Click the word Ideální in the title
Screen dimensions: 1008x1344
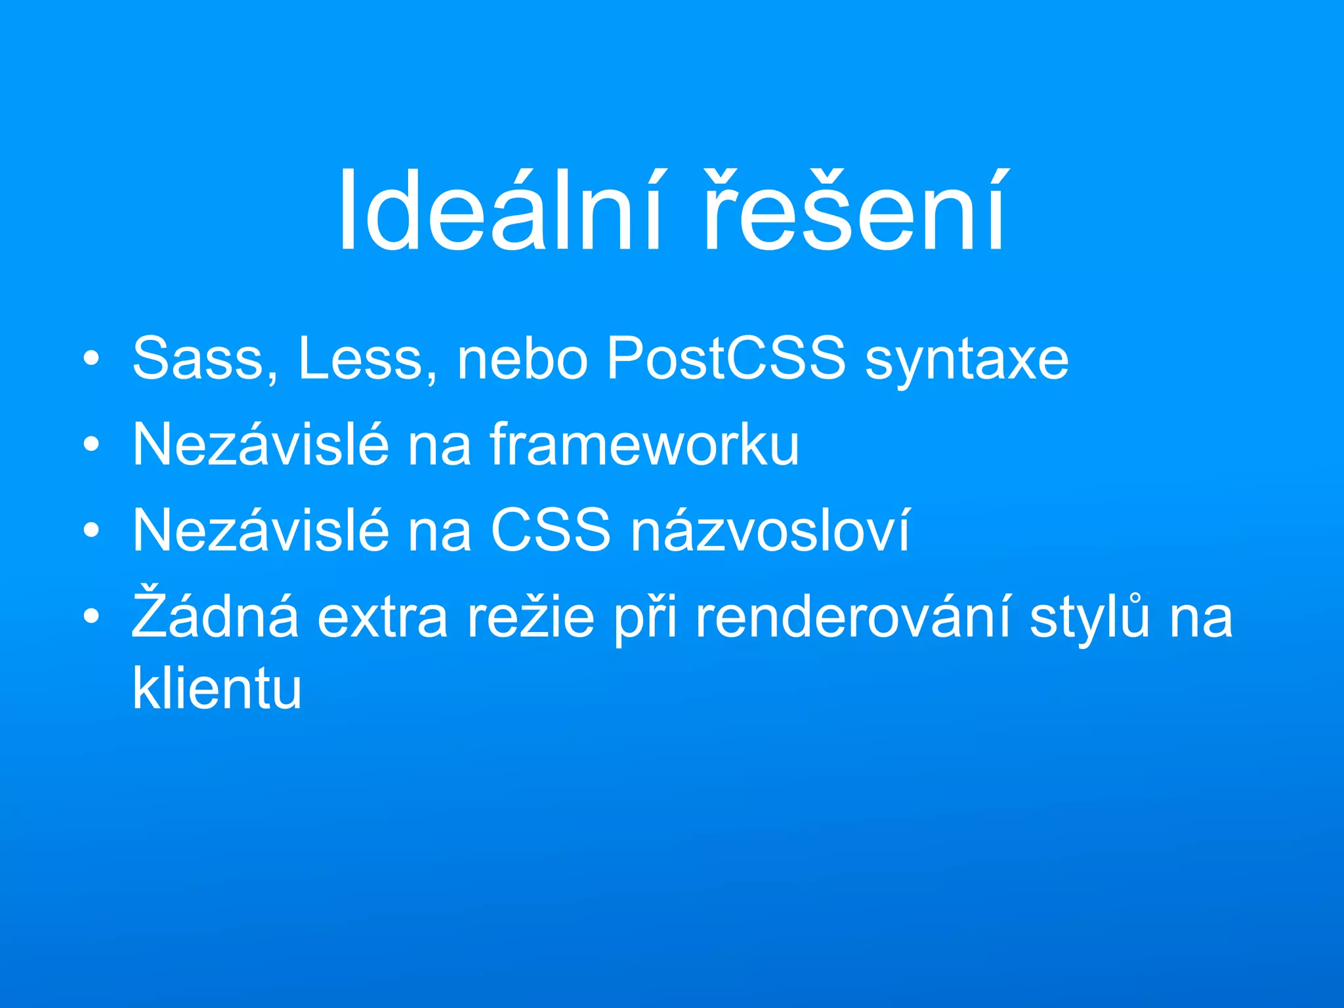(x=499, y=210)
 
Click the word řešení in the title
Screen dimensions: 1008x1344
(x=853, y=210)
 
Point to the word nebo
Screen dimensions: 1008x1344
(x=522, y=359)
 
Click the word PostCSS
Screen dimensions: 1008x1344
(x=726, y=359)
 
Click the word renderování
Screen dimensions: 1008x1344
(x=853, y=617)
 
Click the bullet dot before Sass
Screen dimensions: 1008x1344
(x=92, y=359)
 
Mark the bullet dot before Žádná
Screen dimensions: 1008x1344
(x=92, y=616)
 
